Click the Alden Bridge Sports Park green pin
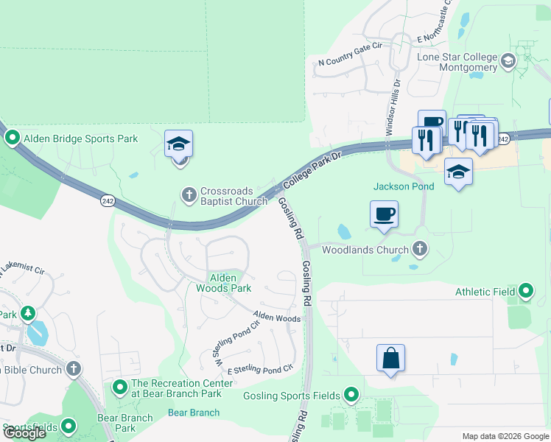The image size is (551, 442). click(13, 138)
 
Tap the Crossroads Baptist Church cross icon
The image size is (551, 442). click(189, 194)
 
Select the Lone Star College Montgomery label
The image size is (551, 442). click(457, 62)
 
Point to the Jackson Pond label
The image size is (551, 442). click(404, 186)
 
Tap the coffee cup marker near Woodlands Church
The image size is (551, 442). click(384, 214)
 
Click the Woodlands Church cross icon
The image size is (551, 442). click(420, 249)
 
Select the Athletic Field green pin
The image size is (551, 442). click(526, 292)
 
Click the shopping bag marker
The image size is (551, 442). click(390, 359)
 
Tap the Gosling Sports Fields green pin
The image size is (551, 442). click(351, 396)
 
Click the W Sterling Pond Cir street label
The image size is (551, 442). click(236, 340)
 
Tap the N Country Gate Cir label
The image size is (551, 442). click(350, 63)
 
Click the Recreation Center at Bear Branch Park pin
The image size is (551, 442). click(119, 386)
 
